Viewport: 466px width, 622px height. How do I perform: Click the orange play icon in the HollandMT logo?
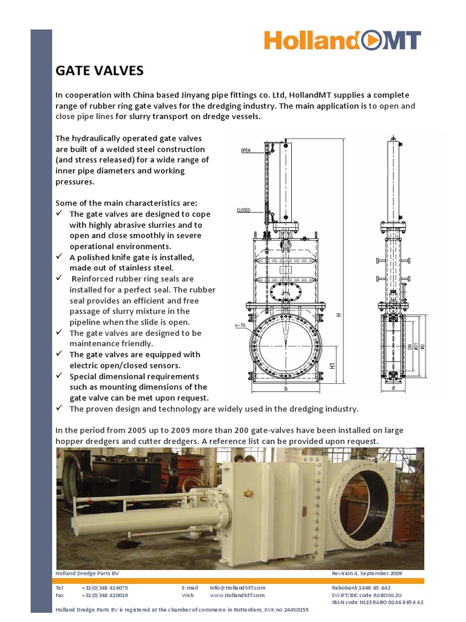click(371, 41)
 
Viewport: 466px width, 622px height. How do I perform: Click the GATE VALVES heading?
click(100, 71)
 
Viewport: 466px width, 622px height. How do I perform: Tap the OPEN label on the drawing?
click(246, 150)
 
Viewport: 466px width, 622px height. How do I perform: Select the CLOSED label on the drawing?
click(244, 210)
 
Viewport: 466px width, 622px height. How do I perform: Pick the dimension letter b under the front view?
click(285, 387)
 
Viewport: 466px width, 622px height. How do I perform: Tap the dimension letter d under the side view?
click(393, 388)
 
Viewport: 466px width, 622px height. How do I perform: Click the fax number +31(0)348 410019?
click(104, 595)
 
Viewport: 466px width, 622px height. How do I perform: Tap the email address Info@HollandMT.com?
click(237, 587)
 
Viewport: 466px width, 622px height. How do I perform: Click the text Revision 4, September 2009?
click(366, 573)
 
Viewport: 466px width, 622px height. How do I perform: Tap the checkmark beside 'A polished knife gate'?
click(59, 257)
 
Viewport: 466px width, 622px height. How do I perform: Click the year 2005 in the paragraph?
click(120, 430)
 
